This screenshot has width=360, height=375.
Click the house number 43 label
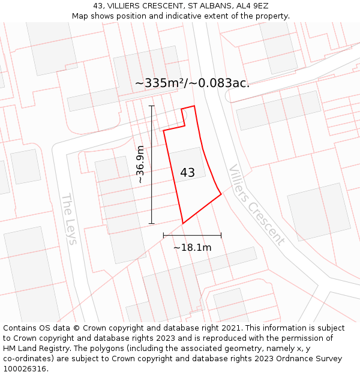coord(187,173)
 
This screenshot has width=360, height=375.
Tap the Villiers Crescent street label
coord(256,205)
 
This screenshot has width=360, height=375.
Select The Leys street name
coord(69,218)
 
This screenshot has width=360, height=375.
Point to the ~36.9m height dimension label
coord(140,164)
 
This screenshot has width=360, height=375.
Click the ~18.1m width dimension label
coord(192,247)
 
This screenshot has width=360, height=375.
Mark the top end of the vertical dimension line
coord(152,106)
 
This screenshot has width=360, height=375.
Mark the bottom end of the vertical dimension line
coord(152,224)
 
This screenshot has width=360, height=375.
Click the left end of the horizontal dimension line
coord(164,235)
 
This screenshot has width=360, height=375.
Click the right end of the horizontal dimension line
coord(221,235)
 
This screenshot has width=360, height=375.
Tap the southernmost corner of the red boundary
coord(183,224)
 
